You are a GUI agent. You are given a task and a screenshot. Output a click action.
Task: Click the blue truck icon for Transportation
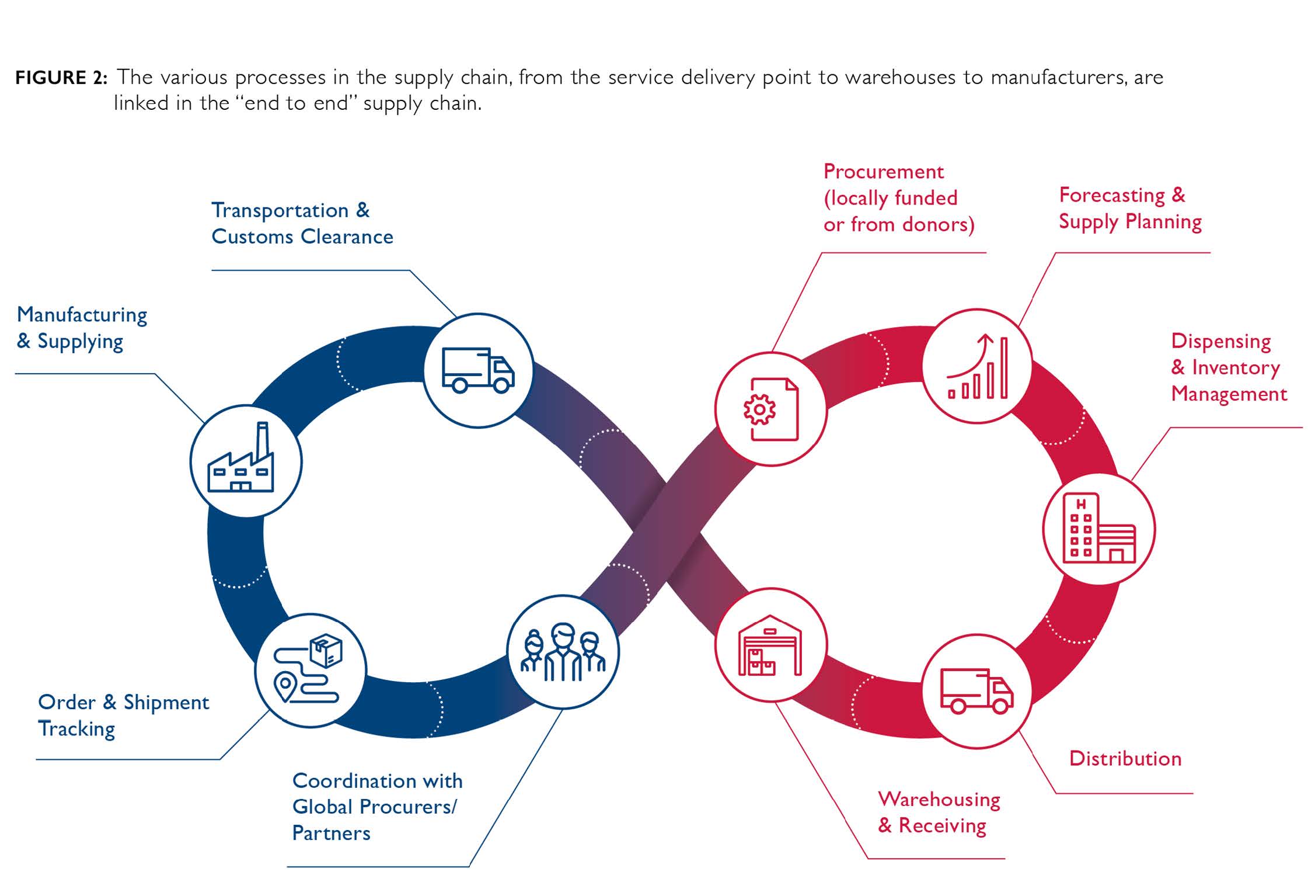point(478,370)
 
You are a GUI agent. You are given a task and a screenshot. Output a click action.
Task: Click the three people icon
point(563,652)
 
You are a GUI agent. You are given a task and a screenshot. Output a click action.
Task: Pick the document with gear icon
point(770,409)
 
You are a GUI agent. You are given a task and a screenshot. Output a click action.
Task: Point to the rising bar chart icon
point(977,366)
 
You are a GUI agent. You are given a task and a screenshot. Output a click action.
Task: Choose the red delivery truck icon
point(976,691)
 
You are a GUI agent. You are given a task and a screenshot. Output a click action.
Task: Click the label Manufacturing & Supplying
point(82,328)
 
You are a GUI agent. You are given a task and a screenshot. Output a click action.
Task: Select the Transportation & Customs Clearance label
point(302,223)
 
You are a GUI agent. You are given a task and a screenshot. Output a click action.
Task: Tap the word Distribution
point(1125,759)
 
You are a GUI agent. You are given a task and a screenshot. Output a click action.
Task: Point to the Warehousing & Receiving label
point(939,812)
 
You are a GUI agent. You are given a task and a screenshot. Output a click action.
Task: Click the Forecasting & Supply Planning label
point(1130,209)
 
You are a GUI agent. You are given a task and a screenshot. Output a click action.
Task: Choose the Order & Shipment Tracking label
point(123,715)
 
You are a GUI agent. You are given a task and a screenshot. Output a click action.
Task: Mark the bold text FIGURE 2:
point(61,78)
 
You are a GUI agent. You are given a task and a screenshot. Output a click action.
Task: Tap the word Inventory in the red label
point(1236,367)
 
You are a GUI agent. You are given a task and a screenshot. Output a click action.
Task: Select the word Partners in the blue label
point(331,833)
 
